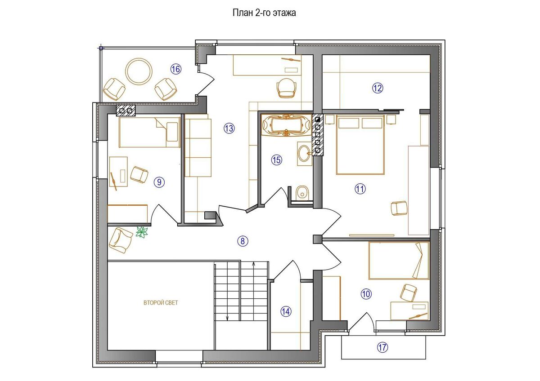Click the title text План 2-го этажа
(x=264, y=13)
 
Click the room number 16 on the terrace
(x=176, y=69)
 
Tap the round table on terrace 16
(x=139, y=71)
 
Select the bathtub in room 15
(x=286, y=125)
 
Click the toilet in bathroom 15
(x=302, y=192)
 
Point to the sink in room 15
(x=305, y=153)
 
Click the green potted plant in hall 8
(x=142, y=232)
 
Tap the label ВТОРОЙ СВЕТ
(x=161, y=303)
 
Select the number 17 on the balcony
(x=382, y=348)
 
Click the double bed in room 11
(x=360, y=145)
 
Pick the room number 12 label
(x=378, y=89)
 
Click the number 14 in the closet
(x=286, y=312)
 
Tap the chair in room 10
(x=409, y=292)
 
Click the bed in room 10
(x=399, y=261)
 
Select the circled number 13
(x=229, y=128)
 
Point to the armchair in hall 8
(x=121, y=240)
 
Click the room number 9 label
(x=159, y=182)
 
